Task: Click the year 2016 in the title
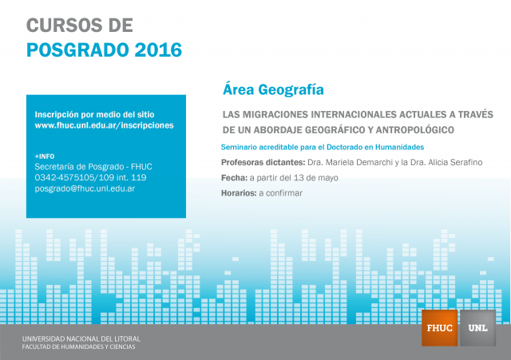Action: pyautogui.click(x=158, y=49)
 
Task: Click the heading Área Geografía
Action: pyautogui.click(x=273, y=89)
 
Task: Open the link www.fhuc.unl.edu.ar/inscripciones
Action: pyautogui.click(x=105, y=125)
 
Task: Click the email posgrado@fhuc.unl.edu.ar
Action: pyautogui.click(x=85, y=188)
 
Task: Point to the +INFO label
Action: pyautogui.click(x=45, y=156)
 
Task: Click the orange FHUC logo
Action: pyautogui.click(x=440, y=328)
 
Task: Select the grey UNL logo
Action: pyautogui.click(x=477, y=328)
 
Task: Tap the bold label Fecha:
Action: pyautogui.click(x=234, y=178)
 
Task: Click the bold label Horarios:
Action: pyautogui.click(x=239, y=193)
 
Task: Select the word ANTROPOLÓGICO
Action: pyautogui.click(x=415, y=130)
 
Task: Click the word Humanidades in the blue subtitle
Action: pyautogui.click(x=399, y=147)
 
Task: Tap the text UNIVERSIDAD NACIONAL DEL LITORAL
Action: pyautogui.click(x=81, y=338)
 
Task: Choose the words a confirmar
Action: pyautogui.click(x=280, y=193)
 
